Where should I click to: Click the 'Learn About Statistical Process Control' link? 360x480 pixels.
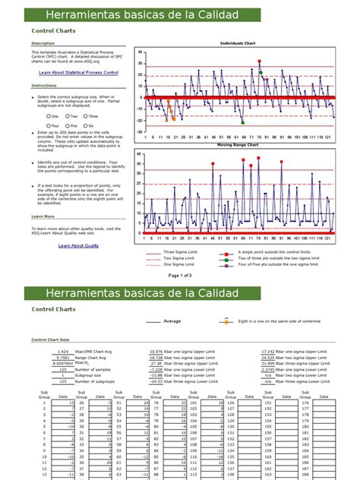pos(79,72)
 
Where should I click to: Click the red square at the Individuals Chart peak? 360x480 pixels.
pos(260,62)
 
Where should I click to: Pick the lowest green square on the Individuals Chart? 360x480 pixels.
pos(242,122)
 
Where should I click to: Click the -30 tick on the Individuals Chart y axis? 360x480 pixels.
pos(140,131)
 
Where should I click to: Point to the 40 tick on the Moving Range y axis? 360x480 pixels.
pos(140,152)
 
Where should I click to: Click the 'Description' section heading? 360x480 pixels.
pos(43,43)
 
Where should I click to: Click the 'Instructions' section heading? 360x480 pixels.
pos(44,86)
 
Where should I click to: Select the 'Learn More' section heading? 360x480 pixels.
pos(43,216)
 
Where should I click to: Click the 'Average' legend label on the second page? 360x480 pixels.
pos(173,321)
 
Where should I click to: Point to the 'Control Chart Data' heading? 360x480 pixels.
pos(50,340)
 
